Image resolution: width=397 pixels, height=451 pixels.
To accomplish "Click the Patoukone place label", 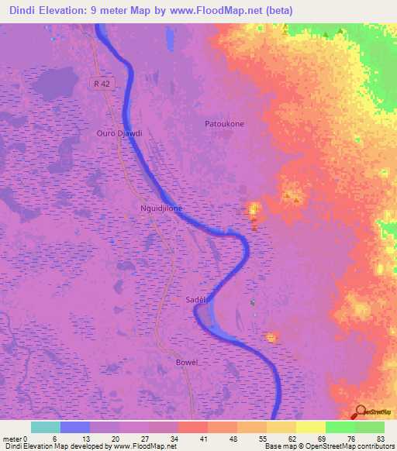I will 224,123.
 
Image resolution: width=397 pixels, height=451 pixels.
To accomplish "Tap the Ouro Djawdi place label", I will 119,133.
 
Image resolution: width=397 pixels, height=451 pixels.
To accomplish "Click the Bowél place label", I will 188,363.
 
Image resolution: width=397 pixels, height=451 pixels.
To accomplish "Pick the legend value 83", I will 380,439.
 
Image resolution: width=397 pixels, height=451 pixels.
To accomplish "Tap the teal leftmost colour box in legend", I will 46,427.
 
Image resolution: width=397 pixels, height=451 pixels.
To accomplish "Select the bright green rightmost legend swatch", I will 370,427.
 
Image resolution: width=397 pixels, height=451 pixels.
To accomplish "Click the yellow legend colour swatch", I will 311,427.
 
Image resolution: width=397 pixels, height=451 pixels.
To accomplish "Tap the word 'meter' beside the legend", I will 13,439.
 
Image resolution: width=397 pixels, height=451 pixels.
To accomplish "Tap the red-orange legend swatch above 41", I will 193,427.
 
